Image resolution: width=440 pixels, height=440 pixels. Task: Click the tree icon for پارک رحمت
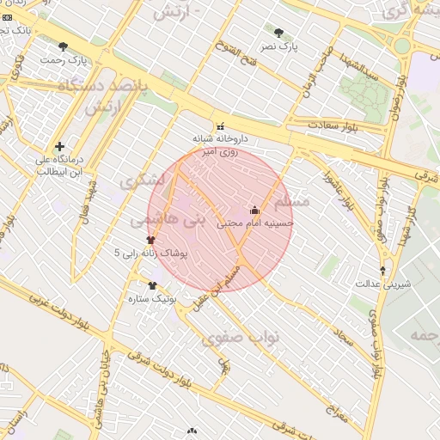(63, 46)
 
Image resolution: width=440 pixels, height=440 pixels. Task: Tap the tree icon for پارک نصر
(278, 33)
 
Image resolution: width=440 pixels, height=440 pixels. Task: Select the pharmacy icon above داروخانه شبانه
(223, 125)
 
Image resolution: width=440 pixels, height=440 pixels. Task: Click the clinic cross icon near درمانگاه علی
(59, 146)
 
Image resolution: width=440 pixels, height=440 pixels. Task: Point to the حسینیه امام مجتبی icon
(254, 209)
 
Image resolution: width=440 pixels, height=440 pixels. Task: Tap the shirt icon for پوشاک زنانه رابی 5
(151, 241)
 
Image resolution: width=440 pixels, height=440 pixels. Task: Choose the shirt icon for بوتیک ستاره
(152, 286)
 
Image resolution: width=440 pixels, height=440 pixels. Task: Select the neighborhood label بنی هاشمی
(168, 221)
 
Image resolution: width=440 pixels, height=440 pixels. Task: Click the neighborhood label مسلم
(289, 201)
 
